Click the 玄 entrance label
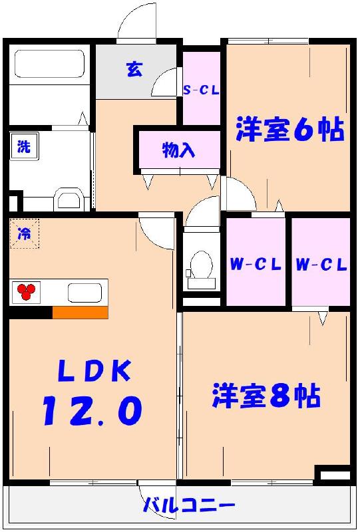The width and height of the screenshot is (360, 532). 134,70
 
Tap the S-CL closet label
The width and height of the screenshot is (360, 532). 202,91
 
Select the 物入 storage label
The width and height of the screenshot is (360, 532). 178,150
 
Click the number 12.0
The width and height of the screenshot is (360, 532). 92,410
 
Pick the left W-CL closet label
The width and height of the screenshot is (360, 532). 256,265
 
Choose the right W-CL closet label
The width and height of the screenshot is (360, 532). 321,265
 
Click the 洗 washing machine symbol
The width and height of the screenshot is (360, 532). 23,147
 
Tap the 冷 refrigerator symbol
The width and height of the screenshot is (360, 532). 24,233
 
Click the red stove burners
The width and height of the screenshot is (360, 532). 26,291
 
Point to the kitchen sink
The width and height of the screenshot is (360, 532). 85,292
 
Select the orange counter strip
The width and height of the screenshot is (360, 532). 80,313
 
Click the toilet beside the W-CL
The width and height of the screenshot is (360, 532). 200,266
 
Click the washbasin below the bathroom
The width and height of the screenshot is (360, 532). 67,198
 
